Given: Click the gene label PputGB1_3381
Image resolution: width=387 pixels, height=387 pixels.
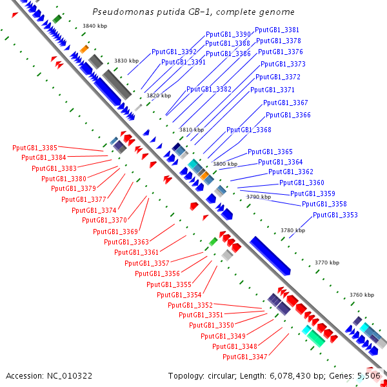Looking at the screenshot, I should coord(277,30).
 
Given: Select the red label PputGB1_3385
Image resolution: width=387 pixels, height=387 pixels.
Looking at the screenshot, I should coord(35,148).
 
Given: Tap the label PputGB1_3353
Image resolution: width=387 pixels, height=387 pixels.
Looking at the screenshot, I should coord(335,215).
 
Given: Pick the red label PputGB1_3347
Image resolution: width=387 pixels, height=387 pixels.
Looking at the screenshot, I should coord(244,357).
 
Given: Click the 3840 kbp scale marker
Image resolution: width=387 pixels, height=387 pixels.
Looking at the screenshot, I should coord(94,26).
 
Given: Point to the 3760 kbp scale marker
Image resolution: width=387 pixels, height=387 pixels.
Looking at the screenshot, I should coord(361,295).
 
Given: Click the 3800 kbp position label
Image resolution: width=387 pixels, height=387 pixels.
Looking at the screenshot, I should coord(224,164).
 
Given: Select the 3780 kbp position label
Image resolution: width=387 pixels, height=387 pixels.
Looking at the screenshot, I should coord(292,230).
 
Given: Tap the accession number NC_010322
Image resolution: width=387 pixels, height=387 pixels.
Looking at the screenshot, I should coord(72,375).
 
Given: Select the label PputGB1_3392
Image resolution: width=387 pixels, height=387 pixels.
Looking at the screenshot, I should coord(174,52).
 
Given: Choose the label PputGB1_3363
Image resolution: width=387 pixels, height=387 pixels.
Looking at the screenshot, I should coord(126,242).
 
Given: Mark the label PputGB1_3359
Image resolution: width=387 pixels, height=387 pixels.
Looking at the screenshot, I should coord(312,193).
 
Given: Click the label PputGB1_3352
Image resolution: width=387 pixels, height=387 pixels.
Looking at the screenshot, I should coord(190,305).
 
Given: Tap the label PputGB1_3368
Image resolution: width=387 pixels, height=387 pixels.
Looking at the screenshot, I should coord(248,130).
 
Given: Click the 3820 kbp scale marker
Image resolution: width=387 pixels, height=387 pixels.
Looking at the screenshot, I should coord(158,95).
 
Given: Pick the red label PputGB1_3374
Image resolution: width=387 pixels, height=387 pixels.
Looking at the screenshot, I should coord(94,210).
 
